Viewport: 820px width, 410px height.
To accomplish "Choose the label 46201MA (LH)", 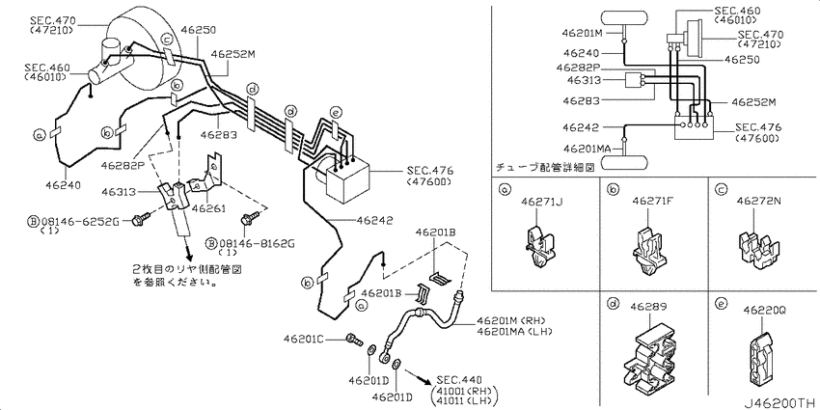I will click(513, 331).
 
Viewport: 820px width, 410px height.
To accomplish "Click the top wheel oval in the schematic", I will click(628, 16).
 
